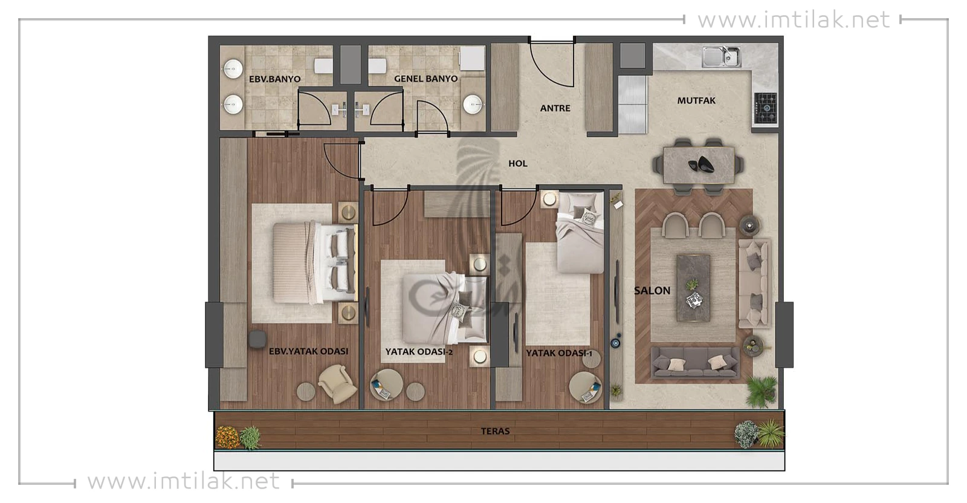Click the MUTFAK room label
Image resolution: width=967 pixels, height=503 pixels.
(696, 100)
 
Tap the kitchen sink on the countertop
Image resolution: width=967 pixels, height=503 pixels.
(721, 57)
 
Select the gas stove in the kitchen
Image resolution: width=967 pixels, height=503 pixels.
(766, 108)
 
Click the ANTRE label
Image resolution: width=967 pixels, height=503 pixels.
(555, 108)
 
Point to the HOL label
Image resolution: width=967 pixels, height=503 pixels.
(517, 164)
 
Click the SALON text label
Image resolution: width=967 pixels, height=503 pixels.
(652, 291)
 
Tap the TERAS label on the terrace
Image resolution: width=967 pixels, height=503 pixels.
(495, 431)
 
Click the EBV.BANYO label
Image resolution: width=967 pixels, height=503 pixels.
(274, 79)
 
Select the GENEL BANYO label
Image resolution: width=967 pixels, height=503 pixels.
(425, 79)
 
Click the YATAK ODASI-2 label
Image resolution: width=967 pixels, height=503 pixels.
(419, 352)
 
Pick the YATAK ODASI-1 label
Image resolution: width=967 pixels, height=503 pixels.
(559, 353)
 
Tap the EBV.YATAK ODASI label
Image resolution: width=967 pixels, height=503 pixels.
(308, 351)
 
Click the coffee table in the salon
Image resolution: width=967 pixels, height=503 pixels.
(693, 288)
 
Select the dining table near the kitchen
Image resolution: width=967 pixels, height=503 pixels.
(699, 164)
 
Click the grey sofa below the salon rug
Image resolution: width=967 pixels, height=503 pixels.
(694, 363)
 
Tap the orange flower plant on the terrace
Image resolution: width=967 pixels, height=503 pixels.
(227, 437)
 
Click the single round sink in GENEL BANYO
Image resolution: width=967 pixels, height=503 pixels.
(472, 105)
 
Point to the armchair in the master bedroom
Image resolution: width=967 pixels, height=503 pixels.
(338, 384)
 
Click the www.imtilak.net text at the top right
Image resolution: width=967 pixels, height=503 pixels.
(794, 20)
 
